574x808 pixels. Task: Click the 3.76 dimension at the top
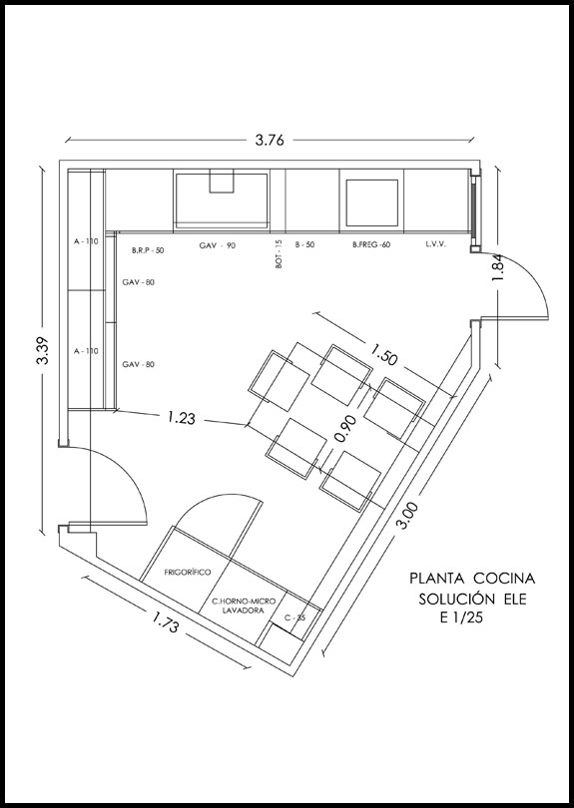click(270, 141)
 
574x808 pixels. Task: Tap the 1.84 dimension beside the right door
click(499, 268)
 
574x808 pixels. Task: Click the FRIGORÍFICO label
click(190, 574)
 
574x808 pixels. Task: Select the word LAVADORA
click(236, 612)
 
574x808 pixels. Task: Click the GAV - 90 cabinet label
click(217, 244)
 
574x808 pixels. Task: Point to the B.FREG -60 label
click(371, 244)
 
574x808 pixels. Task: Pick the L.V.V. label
click(434, 244)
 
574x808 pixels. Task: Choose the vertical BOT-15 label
click(280, 255)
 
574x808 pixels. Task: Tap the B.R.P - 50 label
click(148, 250)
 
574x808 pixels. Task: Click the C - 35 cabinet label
click(294, 617)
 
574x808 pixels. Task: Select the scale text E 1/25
click(460, 618)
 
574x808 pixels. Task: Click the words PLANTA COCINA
click(473, 578)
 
